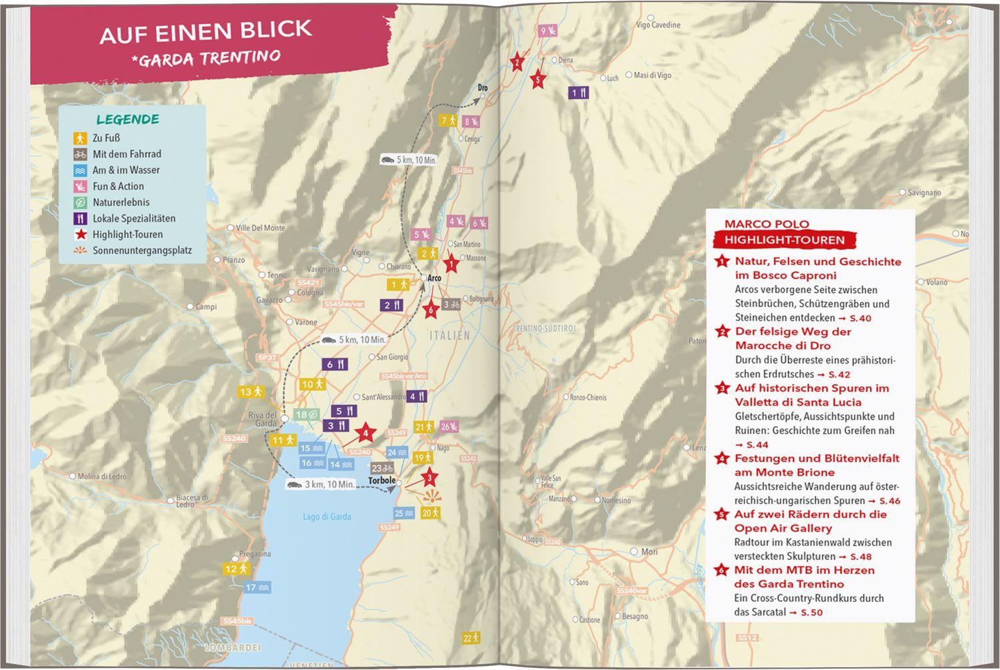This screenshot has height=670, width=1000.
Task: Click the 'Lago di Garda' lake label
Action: [327, 517]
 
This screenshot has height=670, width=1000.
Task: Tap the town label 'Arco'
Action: [434, 278]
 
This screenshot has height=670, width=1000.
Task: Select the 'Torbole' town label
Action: [382, 480]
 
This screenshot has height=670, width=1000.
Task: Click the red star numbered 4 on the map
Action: [365, 434]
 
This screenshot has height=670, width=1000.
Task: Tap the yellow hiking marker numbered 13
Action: [252, 392]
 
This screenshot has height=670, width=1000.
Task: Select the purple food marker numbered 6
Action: [335, 364]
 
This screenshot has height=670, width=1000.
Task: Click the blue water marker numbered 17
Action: [257, 587]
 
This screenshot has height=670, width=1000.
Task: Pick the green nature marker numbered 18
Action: [307, 415]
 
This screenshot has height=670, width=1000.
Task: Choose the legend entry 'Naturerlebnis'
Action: [121, 202]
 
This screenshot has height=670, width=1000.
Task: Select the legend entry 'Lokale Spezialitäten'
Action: [133, 218]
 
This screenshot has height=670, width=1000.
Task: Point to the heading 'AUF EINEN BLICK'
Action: [205, 31]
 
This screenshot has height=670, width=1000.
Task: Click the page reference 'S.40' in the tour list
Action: [874, 318]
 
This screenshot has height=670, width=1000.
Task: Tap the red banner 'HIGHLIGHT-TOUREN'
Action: [785, 240]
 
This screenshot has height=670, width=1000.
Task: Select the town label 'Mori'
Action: [649, 551]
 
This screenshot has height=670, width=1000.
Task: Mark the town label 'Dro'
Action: [483, 88]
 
